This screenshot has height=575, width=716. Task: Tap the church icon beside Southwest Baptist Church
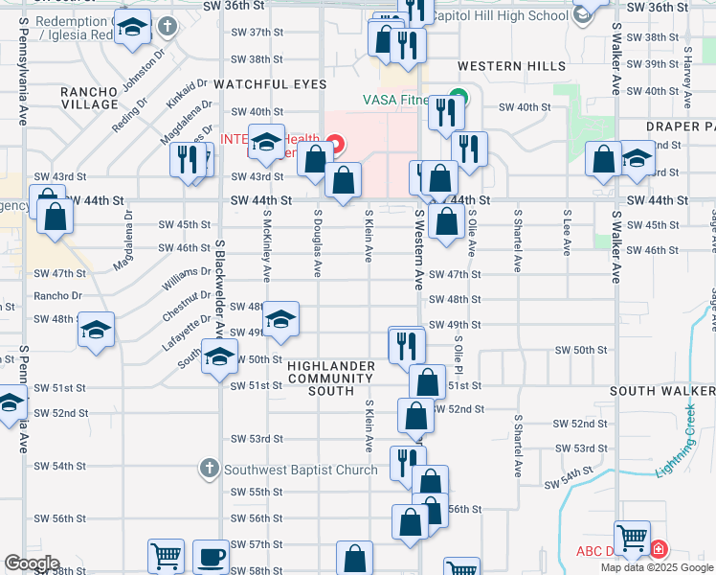tap(210, 469)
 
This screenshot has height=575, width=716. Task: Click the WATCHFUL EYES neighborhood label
tap(270, 84)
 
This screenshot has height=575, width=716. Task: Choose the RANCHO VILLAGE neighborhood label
tap(89, 98)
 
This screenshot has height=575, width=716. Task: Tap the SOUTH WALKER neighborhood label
tap(661, 391)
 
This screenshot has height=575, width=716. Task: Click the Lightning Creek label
tap(685, 440)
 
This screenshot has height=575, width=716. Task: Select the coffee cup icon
tap(211, 556)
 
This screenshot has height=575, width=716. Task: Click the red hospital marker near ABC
tap(659, 550)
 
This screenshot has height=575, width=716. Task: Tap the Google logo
tap(32, 563)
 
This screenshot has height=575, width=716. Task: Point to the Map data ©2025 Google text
tap(658, 567)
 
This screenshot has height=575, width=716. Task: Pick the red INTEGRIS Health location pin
tap(334, 146)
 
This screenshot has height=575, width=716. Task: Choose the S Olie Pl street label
tap(458, 356)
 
